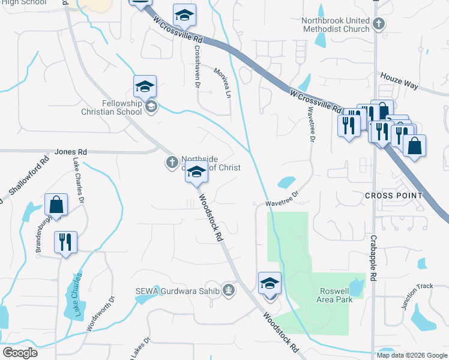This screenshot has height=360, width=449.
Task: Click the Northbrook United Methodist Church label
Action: (x=336, y=25)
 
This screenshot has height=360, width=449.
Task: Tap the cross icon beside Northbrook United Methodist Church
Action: (x=378, y=24)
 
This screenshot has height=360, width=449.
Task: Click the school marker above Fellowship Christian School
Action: (x=145, y=87)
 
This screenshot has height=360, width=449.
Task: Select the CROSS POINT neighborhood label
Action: (x=393, y=196)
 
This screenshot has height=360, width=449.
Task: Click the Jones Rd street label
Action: (x=71, y=152)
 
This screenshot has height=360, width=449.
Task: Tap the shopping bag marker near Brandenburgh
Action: (x=56, y=205)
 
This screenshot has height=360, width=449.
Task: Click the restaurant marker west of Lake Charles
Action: (x=65, y=242)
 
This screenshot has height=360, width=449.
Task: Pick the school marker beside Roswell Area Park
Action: (x=270, y=283)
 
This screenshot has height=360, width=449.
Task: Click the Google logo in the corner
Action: (x=19, y=353)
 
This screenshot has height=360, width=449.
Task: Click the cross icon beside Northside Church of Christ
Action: (x=171, y=161)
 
